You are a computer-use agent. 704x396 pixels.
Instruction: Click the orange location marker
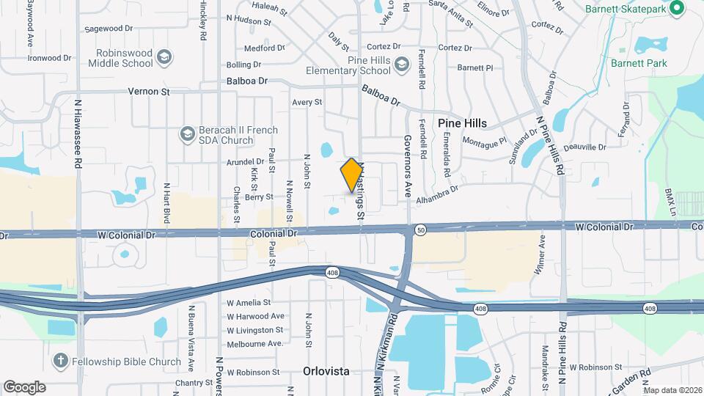click(x=352, y=175)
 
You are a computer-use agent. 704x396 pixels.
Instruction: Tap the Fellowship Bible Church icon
click(x=61, y=361)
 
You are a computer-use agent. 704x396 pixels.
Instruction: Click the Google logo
click(x=24, y=386)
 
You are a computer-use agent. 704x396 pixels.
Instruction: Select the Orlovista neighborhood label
click(x=326, y=371)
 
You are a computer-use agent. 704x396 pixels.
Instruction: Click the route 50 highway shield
click(x=420, y=230)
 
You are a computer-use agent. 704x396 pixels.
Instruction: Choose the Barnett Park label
click(x=639, y=63)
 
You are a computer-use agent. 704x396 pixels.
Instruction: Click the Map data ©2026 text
click(x=672, y=390)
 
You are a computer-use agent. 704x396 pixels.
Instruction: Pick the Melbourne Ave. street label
click(x=254, y=343)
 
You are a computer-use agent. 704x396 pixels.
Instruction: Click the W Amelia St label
click(x=249, y=302)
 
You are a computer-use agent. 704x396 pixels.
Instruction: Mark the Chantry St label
click(x=193, y=383)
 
